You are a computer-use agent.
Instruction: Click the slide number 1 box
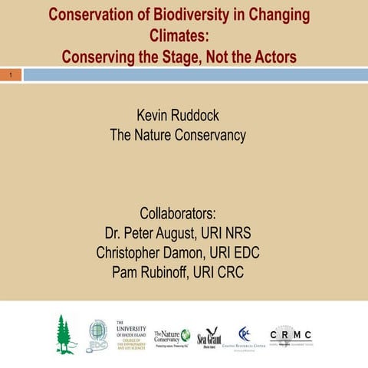tap(11, 75)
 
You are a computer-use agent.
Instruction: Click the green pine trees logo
tap(67, 333)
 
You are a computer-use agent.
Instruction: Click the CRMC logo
tap(291, 336)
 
